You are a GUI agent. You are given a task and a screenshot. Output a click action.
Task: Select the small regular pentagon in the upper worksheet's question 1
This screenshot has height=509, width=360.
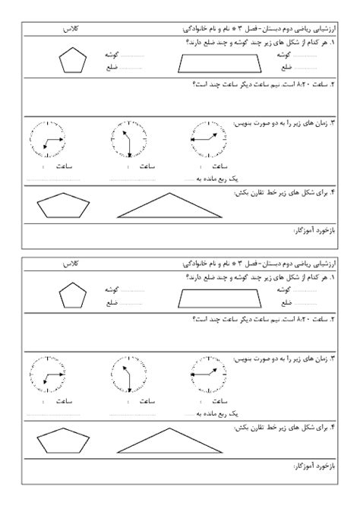(74, 61)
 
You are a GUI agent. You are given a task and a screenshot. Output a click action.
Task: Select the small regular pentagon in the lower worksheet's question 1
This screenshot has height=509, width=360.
(74, 296)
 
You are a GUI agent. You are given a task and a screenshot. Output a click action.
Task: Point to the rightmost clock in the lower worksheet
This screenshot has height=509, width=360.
(207, 375)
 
